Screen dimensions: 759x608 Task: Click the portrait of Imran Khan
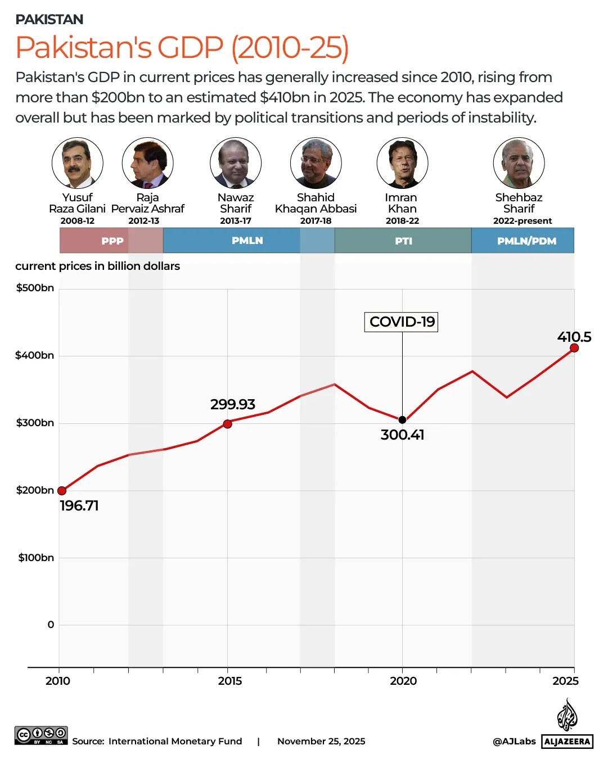pos(402,163)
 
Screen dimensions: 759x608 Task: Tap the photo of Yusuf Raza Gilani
pos(78,163)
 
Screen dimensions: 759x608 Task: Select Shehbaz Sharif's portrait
pos(519,163)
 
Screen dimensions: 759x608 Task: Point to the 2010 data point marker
pos(62,491)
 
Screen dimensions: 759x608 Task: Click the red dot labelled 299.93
pos(227,424)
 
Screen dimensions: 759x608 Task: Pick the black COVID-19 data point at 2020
pos(402,420)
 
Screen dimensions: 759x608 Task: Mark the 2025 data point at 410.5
pos(574,348)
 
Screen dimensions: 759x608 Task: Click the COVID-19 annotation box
pos(402,322)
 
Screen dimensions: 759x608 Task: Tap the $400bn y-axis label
pos(35,355)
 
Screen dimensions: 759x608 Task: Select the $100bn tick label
pos(36,558)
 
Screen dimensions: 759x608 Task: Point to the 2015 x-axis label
pos(229,681)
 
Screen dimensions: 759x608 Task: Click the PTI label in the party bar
pos(403,241)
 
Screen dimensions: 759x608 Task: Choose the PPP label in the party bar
pos(112,241)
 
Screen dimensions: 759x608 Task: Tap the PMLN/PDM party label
pos(526,241)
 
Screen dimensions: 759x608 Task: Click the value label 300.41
pos(402,435)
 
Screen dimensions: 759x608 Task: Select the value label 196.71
pos(79,505)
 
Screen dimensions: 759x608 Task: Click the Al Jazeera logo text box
pos(567,742)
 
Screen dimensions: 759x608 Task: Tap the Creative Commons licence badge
pos(41,735)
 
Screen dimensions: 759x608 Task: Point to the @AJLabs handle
pos(514,742)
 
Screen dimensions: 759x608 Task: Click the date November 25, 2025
pos(321,742)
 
